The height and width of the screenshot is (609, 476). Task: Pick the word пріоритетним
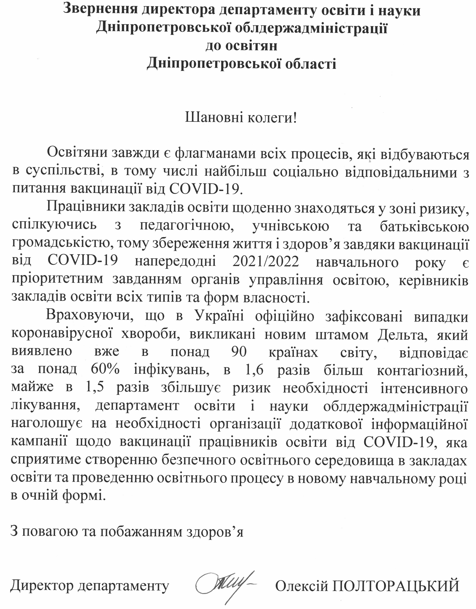pos(57,279)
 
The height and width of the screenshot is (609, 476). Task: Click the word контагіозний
pos(422,370)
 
